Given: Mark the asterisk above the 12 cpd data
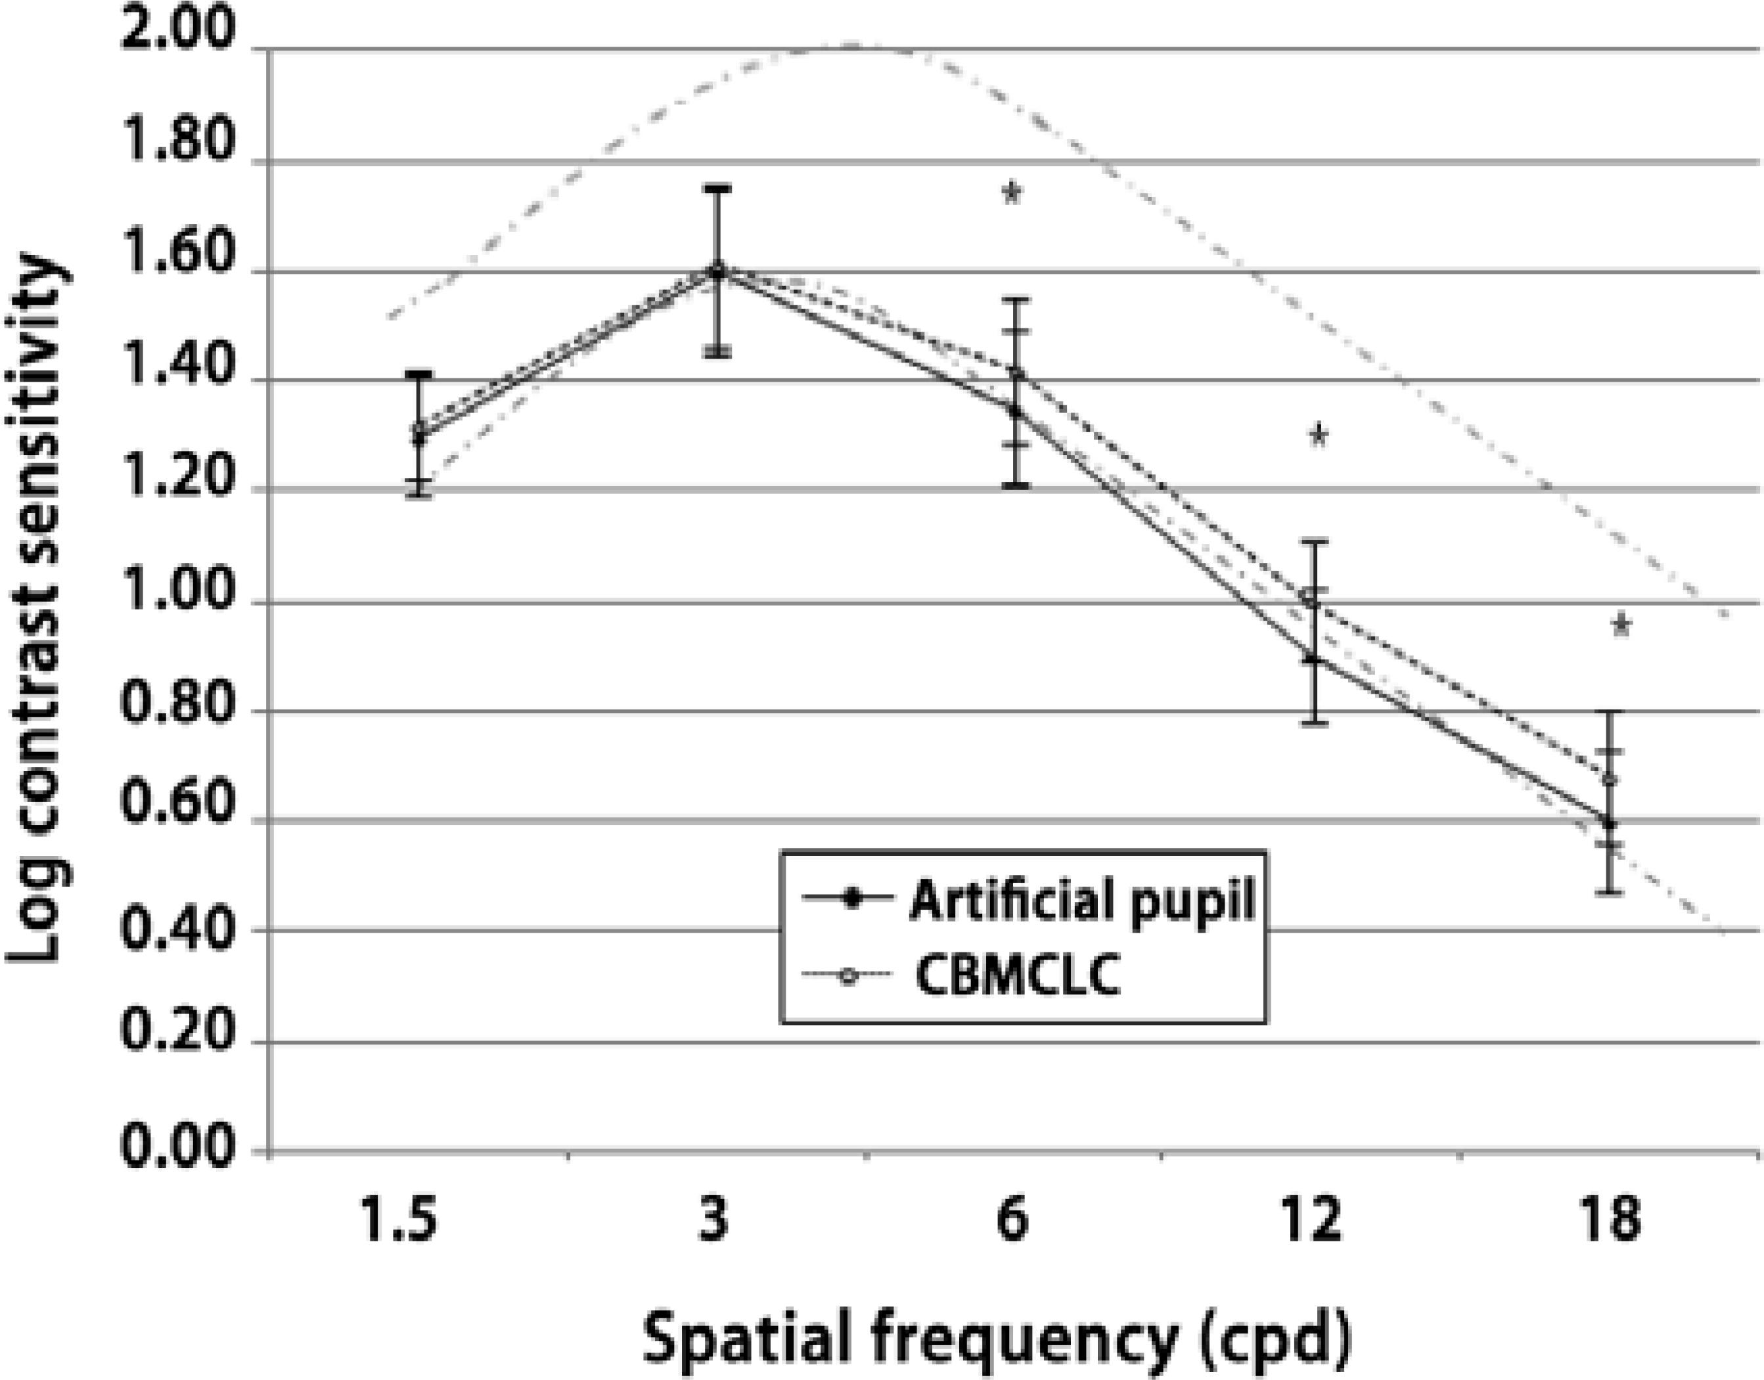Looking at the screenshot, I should click(x=1318, y=435).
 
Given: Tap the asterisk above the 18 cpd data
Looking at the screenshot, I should click(x=1620, y=625).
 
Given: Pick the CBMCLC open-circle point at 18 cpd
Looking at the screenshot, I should click(x=1610, y=779).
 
